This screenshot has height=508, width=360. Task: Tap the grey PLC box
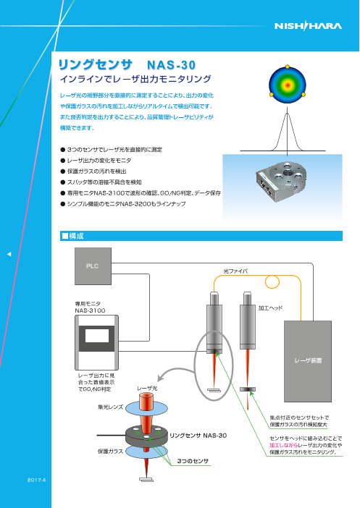click(93, 266)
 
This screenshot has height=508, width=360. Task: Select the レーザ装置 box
click(309, 357)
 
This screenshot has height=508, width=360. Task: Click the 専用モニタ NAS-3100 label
click(91, 307)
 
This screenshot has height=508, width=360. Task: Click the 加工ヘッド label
click(270, 308)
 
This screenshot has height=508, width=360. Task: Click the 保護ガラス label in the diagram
click(109, 450)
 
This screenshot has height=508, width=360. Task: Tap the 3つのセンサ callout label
click(193, 460)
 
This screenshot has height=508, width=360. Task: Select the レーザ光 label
click(148, 389)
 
